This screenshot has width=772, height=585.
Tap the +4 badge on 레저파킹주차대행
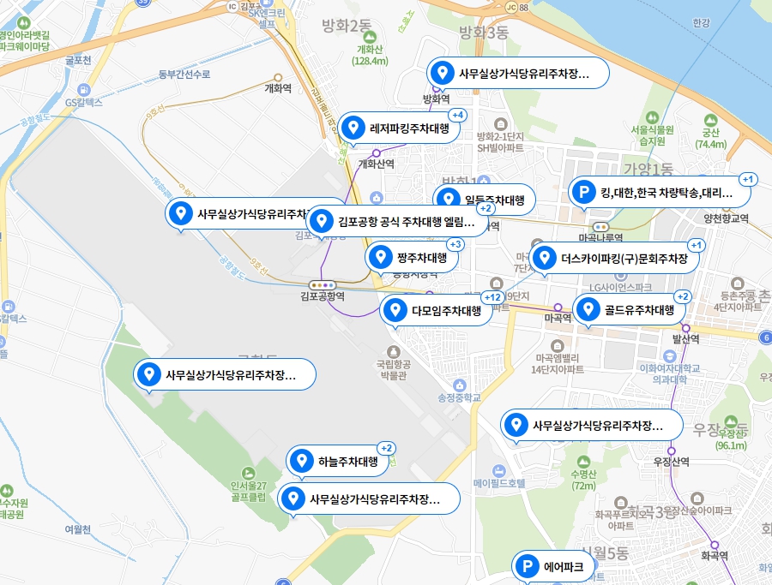click(457, 115)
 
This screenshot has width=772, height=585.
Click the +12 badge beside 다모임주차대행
click(492, 297)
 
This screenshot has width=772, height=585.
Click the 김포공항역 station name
click(323, 296)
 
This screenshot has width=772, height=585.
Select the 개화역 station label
click(279, 87)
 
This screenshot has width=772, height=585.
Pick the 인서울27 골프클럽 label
click(249, 491)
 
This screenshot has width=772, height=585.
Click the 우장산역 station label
click(672, 461)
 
